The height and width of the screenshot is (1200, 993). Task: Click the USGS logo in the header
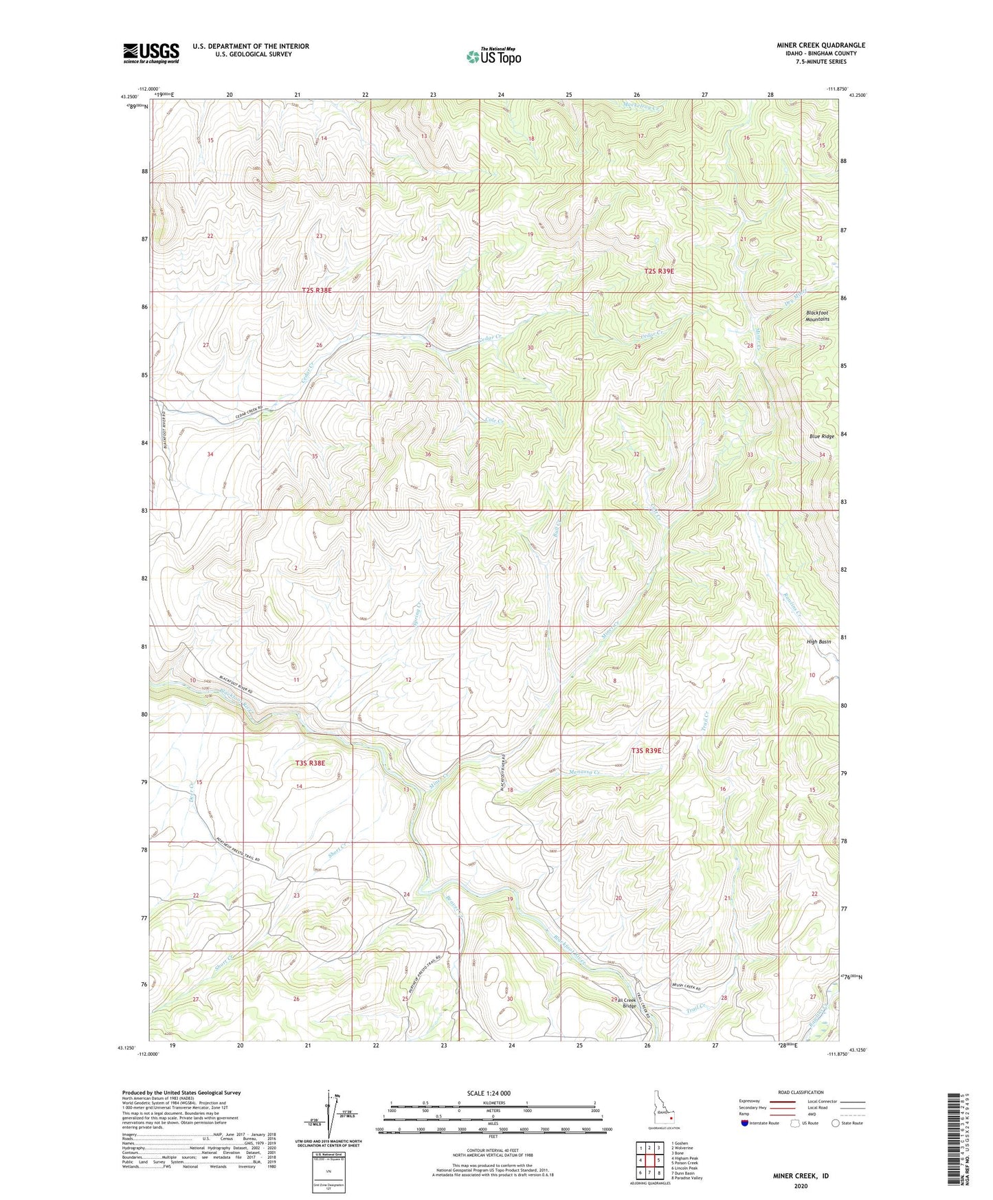click(150, 53)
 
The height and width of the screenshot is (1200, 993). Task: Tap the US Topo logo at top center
click(493, 56)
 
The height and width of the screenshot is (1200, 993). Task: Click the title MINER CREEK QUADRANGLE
click(816, 45)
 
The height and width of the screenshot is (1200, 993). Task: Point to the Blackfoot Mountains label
click(818, 315)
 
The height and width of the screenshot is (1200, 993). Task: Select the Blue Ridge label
click(821, 436)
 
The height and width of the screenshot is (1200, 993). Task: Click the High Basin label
click(818, 641)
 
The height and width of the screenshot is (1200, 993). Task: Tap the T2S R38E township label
click(317, 291)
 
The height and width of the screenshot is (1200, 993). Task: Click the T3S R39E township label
click(646, 751)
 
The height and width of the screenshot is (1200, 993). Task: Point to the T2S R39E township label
click(659, 271)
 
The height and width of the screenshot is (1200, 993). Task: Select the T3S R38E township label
click(309, 763)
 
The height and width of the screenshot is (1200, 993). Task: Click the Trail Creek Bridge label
click(628, 1003)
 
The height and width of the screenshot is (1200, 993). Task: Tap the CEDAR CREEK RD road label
click(240, 410)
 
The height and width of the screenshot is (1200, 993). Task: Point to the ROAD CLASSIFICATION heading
click(801, 1092)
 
